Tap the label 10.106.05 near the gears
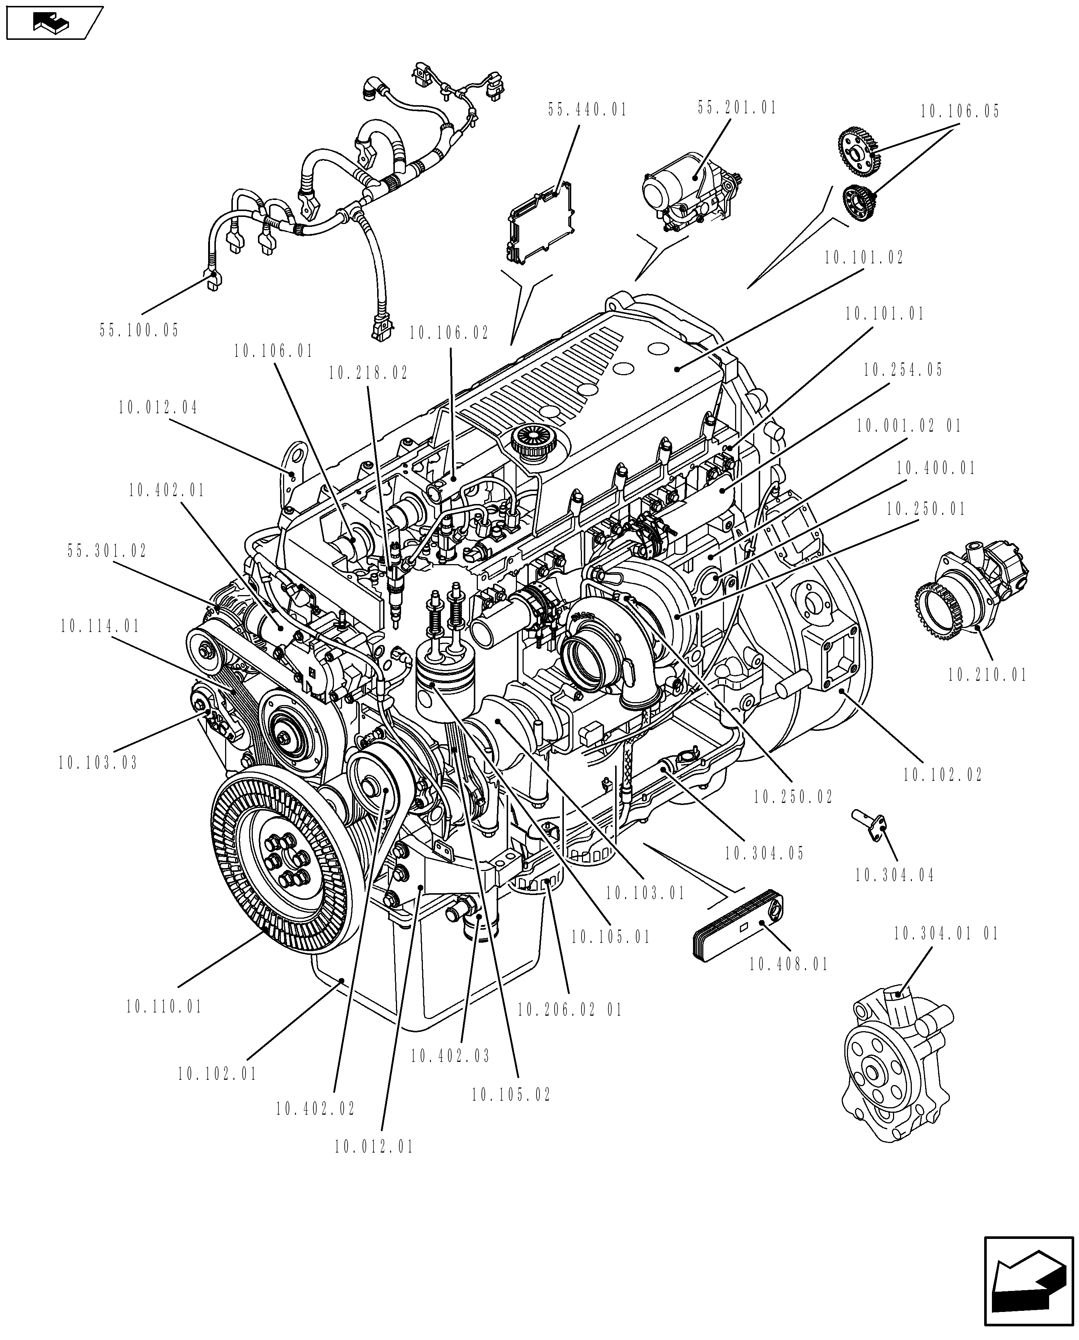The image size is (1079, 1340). (960, 112)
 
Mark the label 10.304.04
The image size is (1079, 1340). (894, 876)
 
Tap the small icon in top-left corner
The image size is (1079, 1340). (53, 23)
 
